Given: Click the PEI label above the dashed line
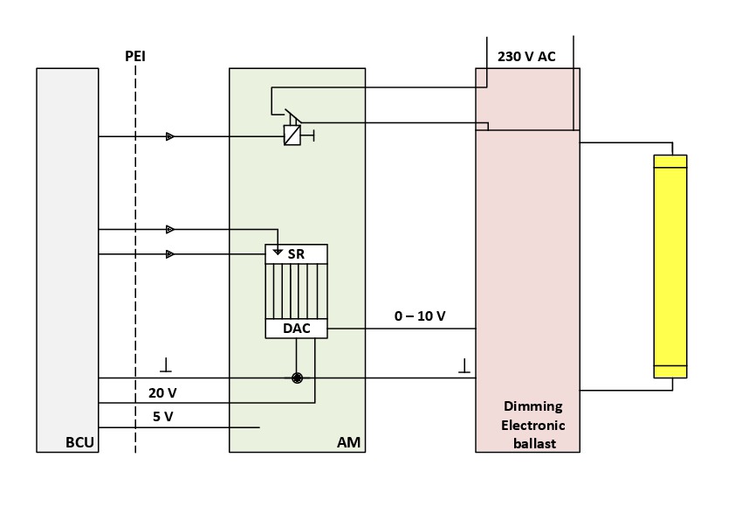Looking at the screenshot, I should coord(135,57).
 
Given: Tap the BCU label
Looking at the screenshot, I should coord(79,442).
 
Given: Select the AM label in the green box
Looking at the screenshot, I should coord(349,442).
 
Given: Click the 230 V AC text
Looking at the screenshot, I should coord(526,57).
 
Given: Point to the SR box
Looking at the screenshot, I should coord(297,253).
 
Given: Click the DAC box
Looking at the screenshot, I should coord(297,329).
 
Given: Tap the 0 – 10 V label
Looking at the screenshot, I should coord(420,315).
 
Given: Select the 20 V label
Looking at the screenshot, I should coord(162,392).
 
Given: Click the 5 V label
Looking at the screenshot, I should coord(162,417).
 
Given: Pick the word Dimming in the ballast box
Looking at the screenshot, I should coord(533,406).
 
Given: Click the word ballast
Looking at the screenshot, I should coord(533,443).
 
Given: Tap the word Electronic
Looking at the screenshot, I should coord(533,425).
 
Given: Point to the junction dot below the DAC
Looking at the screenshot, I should coord(297,378).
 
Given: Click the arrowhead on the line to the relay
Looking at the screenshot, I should coord(170,136).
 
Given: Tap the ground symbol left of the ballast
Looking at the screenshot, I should coord(464,364).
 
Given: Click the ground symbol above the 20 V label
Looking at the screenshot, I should coord(166,364).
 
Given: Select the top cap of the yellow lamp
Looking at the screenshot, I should coord(670,161).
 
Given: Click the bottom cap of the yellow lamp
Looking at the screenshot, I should coord(670,371).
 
